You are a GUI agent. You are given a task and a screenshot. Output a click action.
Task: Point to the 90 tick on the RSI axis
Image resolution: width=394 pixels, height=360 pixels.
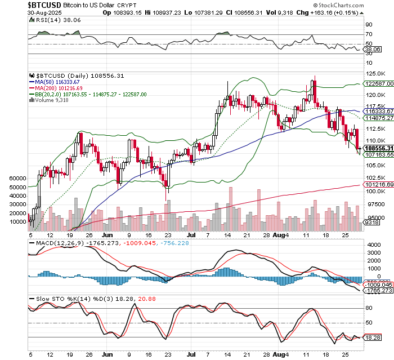tap(369, 25)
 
